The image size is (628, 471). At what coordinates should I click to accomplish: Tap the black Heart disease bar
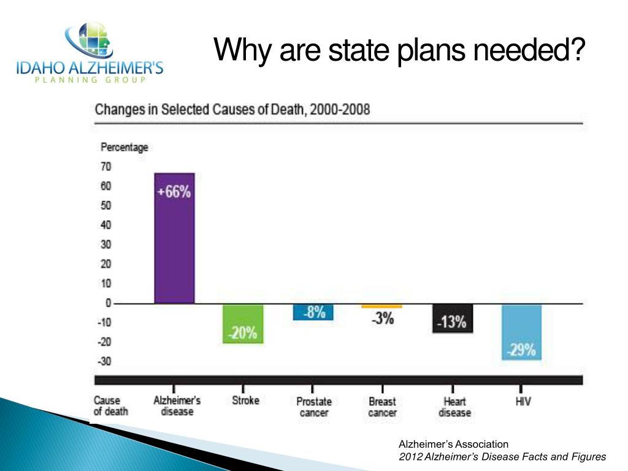coord(453,318)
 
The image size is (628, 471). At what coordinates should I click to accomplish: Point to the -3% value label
coord(382,319)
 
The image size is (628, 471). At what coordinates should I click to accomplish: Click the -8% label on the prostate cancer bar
coord(313,312)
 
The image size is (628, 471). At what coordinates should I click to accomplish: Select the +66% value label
coord(174,192)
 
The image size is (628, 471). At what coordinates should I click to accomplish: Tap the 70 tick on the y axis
coord(105,166)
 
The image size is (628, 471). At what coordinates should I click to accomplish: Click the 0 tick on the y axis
coord(108,303)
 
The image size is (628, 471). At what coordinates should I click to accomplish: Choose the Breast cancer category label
coord(382,407)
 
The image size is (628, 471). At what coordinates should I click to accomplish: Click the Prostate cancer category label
coord(313,407)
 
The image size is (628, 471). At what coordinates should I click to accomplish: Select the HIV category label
coord(523,402)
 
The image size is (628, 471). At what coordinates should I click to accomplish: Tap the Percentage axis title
coord(124,147)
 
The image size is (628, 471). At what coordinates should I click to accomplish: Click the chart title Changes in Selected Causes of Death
coord(232,110)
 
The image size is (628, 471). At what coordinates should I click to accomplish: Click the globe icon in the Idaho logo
coord(90,41)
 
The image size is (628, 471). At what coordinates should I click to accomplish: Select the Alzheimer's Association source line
coord(454,444)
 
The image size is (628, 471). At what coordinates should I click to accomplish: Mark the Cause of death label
coord(110,406)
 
